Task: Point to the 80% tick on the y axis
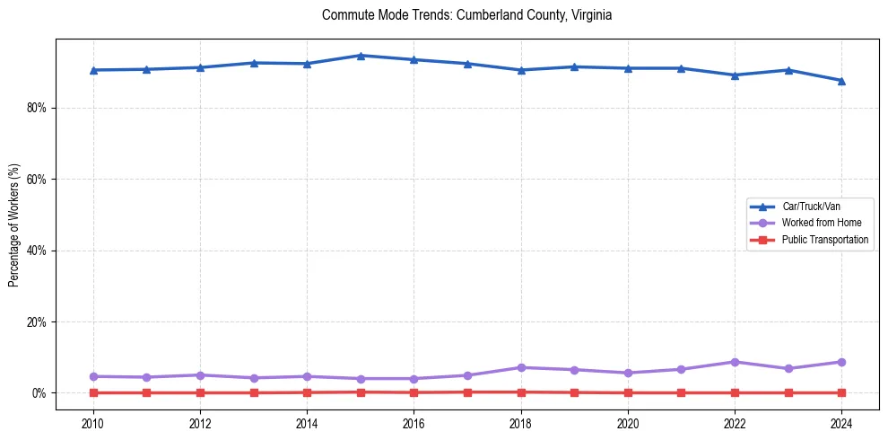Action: (x=39, y=108)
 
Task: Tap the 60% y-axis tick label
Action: (x=39, y=180)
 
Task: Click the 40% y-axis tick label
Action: (x=39, y=251)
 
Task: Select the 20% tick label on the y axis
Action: (x=39, y=321)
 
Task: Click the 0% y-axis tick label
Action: (x=41, y=393)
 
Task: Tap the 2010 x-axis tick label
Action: (x=92, y=421)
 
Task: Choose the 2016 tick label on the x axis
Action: (x=414, y=421)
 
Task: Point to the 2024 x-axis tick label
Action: (x=841, y=421)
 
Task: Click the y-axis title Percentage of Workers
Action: (x=14, y=225)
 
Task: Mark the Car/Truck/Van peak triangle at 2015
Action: (x=361, y=56)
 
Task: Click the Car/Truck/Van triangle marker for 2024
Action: (x=841, y=81)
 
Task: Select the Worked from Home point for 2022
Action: (x=735, y=362)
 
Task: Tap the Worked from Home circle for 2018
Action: (x=521, y=367)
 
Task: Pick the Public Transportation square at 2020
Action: (x=628, y=392)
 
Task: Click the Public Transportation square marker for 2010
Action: (x=92, y=392)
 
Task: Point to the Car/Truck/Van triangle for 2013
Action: (x=254, y=63)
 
